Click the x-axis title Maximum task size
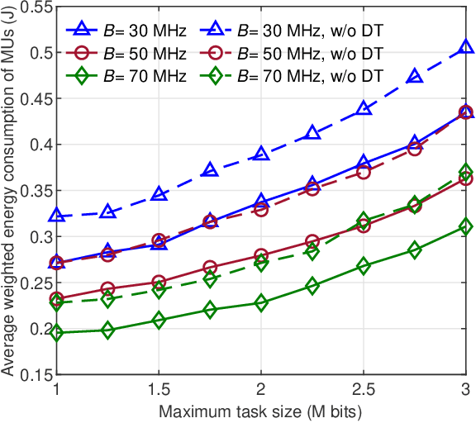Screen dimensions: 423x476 (260, 410)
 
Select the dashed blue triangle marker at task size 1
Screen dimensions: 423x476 (56, 216)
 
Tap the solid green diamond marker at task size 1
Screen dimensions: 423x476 (56, 332)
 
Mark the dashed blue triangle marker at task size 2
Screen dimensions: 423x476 (261, 154)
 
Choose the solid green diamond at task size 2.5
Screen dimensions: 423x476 (363, 266)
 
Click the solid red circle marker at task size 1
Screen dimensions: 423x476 (56, 299)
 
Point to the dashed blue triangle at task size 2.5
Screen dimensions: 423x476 (363, 109)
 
